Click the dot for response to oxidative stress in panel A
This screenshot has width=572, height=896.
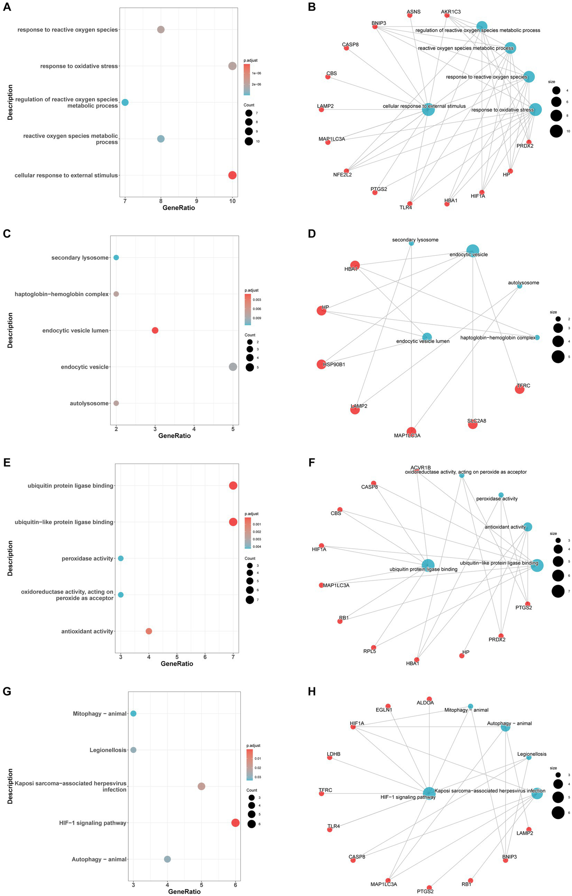point(232,66)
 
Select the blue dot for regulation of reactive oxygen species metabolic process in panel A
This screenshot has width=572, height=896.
point(125,102)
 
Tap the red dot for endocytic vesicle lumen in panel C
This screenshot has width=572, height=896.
point(155,330)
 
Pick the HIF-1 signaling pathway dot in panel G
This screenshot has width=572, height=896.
point(235,823)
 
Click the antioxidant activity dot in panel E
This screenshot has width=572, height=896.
point(149,631)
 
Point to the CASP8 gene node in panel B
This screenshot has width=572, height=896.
point(346,48)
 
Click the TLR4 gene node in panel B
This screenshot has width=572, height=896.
point(410,204)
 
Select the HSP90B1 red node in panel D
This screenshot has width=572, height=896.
point(321,364)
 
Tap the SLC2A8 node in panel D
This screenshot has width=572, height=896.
point(473,424)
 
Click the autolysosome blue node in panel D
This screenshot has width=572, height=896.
point(519,286)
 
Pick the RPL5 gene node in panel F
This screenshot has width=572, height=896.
point(373,647)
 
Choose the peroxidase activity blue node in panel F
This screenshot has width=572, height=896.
point(501,495)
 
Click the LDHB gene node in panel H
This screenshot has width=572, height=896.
point(329,757)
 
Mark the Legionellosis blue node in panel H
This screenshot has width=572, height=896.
point(529,757)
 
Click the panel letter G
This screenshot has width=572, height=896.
point(7,691)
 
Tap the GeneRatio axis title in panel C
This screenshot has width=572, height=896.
point(174,435)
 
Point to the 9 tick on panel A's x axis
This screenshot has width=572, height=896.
point(197,201)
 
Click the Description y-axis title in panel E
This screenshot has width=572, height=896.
point(10,558)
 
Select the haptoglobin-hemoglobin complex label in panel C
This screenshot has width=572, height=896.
point(61,294)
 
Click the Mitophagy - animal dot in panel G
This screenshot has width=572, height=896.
point(133,713)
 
